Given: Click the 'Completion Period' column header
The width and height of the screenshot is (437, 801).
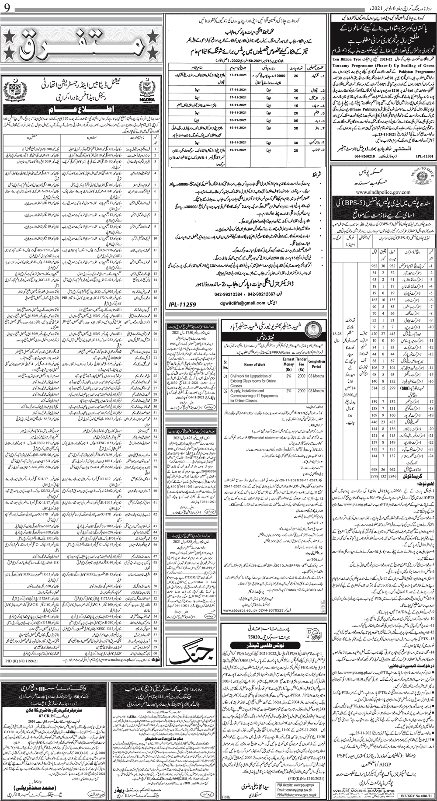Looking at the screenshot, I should [x=316, y=364].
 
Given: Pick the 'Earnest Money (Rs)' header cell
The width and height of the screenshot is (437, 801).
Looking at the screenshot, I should [x=288, y=364].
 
